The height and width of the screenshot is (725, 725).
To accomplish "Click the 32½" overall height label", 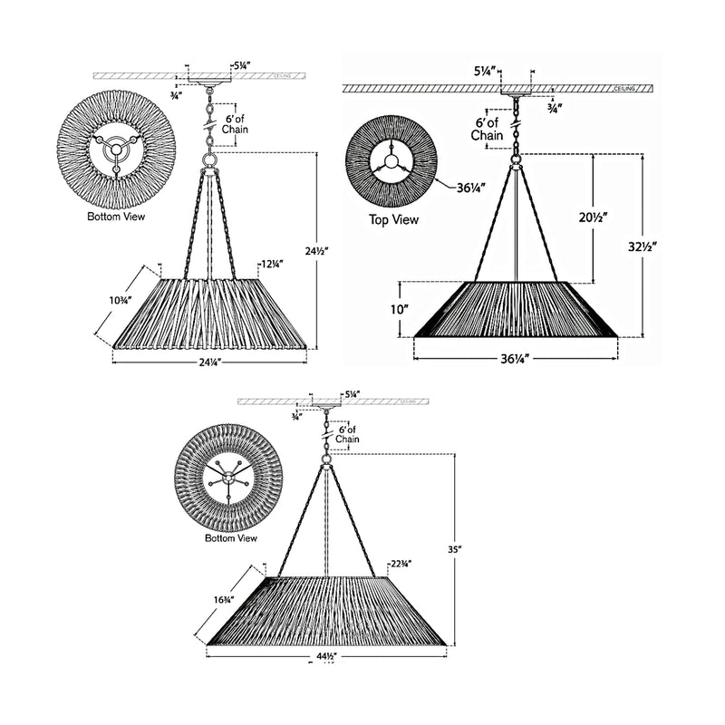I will coord(642,246).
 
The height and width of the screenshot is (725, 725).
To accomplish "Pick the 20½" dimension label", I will coord(593,217).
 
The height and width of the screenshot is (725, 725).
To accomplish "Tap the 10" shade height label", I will coord(400,308).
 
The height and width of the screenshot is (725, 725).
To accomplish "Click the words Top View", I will coord(393,219).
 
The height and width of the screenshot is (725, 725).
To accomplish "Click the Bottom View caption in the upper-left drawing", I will coord(116,217).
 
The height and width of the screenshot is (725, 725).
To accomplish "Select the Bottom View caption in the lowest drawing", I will coord(231,537).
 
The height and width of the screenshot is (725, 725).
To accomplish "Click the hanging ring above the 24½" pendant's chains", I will coord(210,162).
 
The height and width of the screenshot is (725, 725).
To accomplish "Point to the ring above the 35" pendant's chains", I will coord(325,459).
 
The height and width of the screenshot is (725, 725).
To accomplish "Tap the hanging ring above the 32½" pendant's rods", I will coord(517,161).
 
